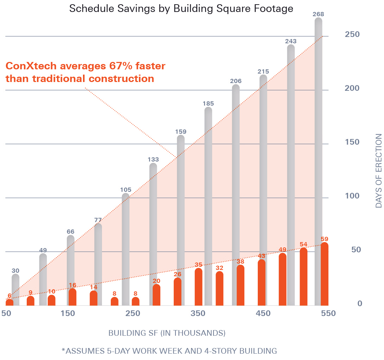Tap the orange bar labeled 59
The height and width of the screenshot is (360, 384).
[x=325, y=274]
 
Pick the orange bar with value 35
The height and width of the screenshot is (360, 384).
[x=198, y=287]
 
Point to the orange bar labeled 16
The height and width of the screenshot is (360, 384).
[x=72, y=297]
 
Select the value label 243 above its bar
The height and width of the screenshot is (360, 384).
[x=291, y=41]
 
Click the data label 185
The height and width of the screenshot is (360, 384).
[x=208, y=103]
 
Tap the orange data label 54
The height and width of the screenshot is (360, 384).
[x=303, y=244]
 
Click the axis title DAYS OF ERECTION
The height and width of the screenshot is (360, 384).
[x=378, y=171]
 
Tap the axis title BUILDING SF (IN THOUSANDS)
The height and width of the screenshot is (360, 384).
[x=167, y=333]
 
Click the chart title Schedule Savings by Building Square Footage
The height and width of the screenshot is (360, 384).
[x=181, y=8]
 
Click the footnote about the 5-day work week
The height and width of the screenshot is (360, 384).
[x=169, y=351]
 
